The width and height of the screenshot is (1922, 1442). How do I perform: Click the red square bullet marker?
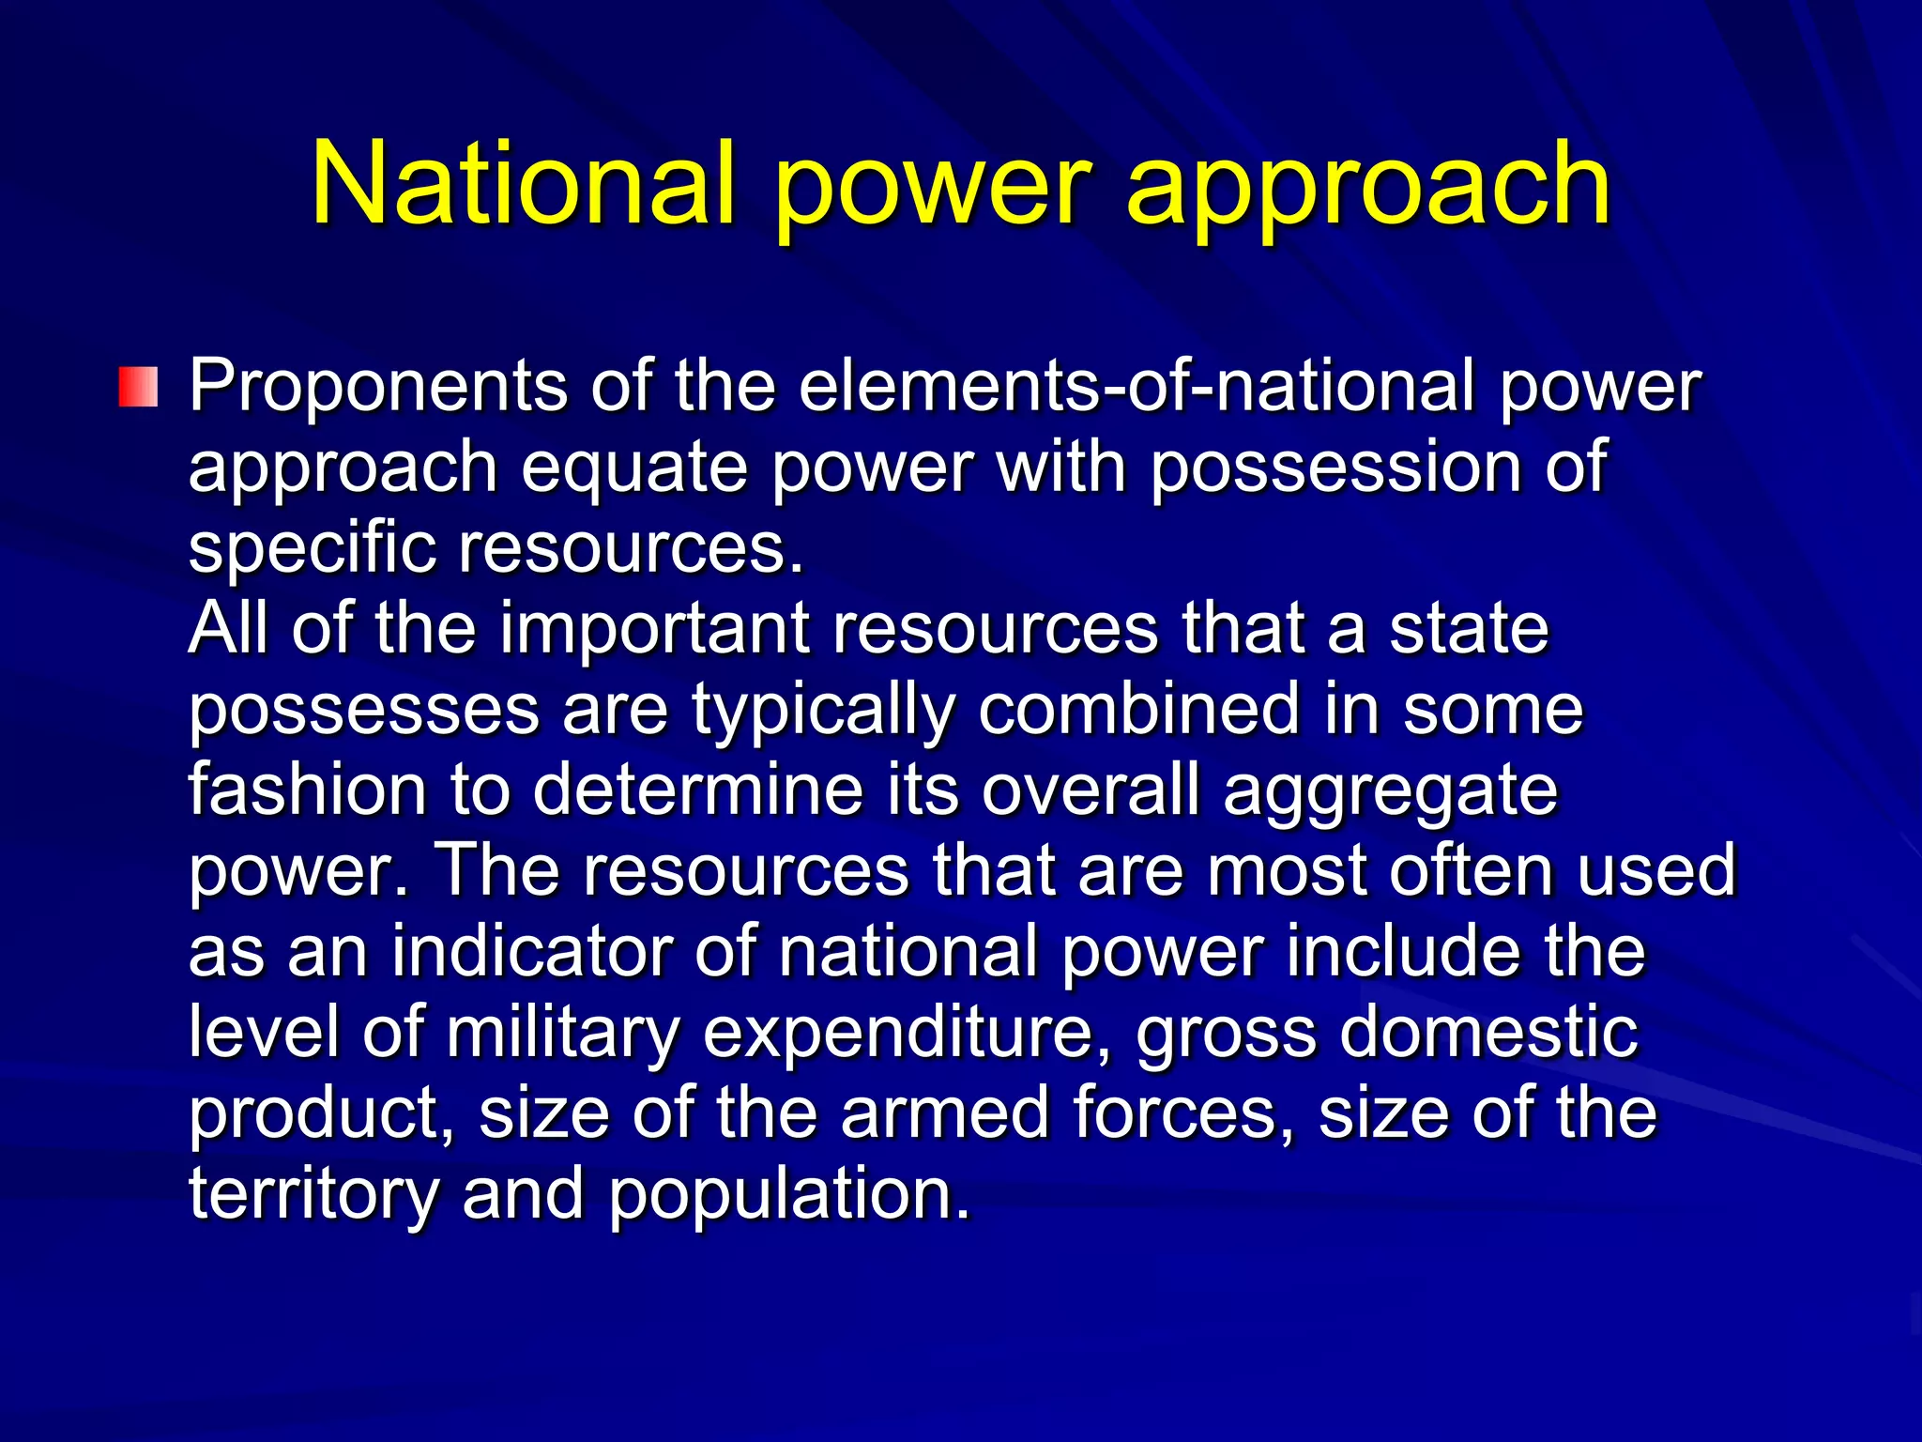(138, 388)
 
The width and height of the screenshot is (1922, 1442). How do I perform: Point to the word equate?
(634, 467)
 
